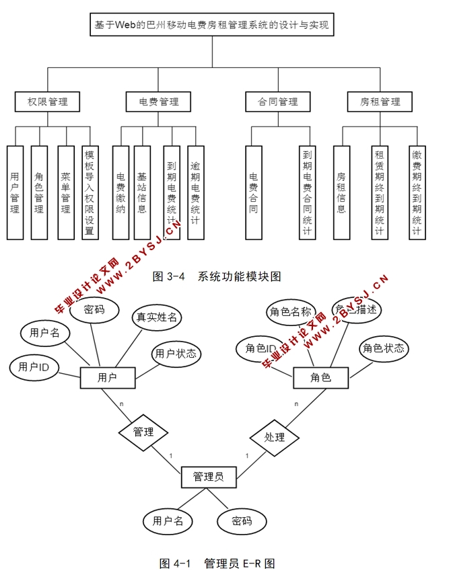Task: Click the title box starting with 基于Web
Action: pyautogui.click(x=211, y=26)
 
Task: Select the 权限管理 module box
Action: pyautogui.click(x=47, y=102)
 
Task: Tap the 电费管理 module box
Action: pyautogui.click(x=159, y=102)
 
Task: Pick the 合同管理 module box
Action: pyautogui.click(x=278, y=102)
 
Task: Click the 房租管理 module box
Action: pyautogui.click(x=380, y=102)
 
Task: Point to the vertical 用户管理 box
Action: pyautogui.click(x=15, y=192)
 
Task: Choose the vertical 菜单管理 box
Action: pyautogui.click(x=65, y=192)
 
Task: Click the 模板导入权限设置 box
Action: pyautogui.click(x=90, y=192)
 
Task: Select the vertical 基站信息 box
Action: pyautogui.click(x=141, y=192)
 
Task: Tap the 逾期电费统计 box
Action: pyautogui.click(x=195, y=192)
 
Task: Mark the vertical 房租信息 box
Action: pyautogui.click(x=341, y=192)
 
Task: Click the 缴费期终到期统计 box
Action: pyautogui.click(x=417, y=192)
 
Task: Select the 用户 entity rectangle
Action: pyautogui.click(x=107, y=377)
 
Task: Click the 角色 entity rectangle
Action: pyautogui.click(x=321, y=377)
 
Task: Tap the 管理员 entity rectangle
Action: pyautogui.click(x=209, y=477)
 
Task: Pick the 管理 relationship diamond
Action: pyautogui.click(x=143, y=432)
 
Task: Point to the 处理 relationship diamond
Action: pyautogui.click(x=275, y=437)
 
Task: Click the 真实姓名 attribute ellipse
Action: pyautogui.click(x=157, y=317)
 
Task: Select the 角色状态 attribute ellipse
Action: pyautogui.click(x=384, y=348)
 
